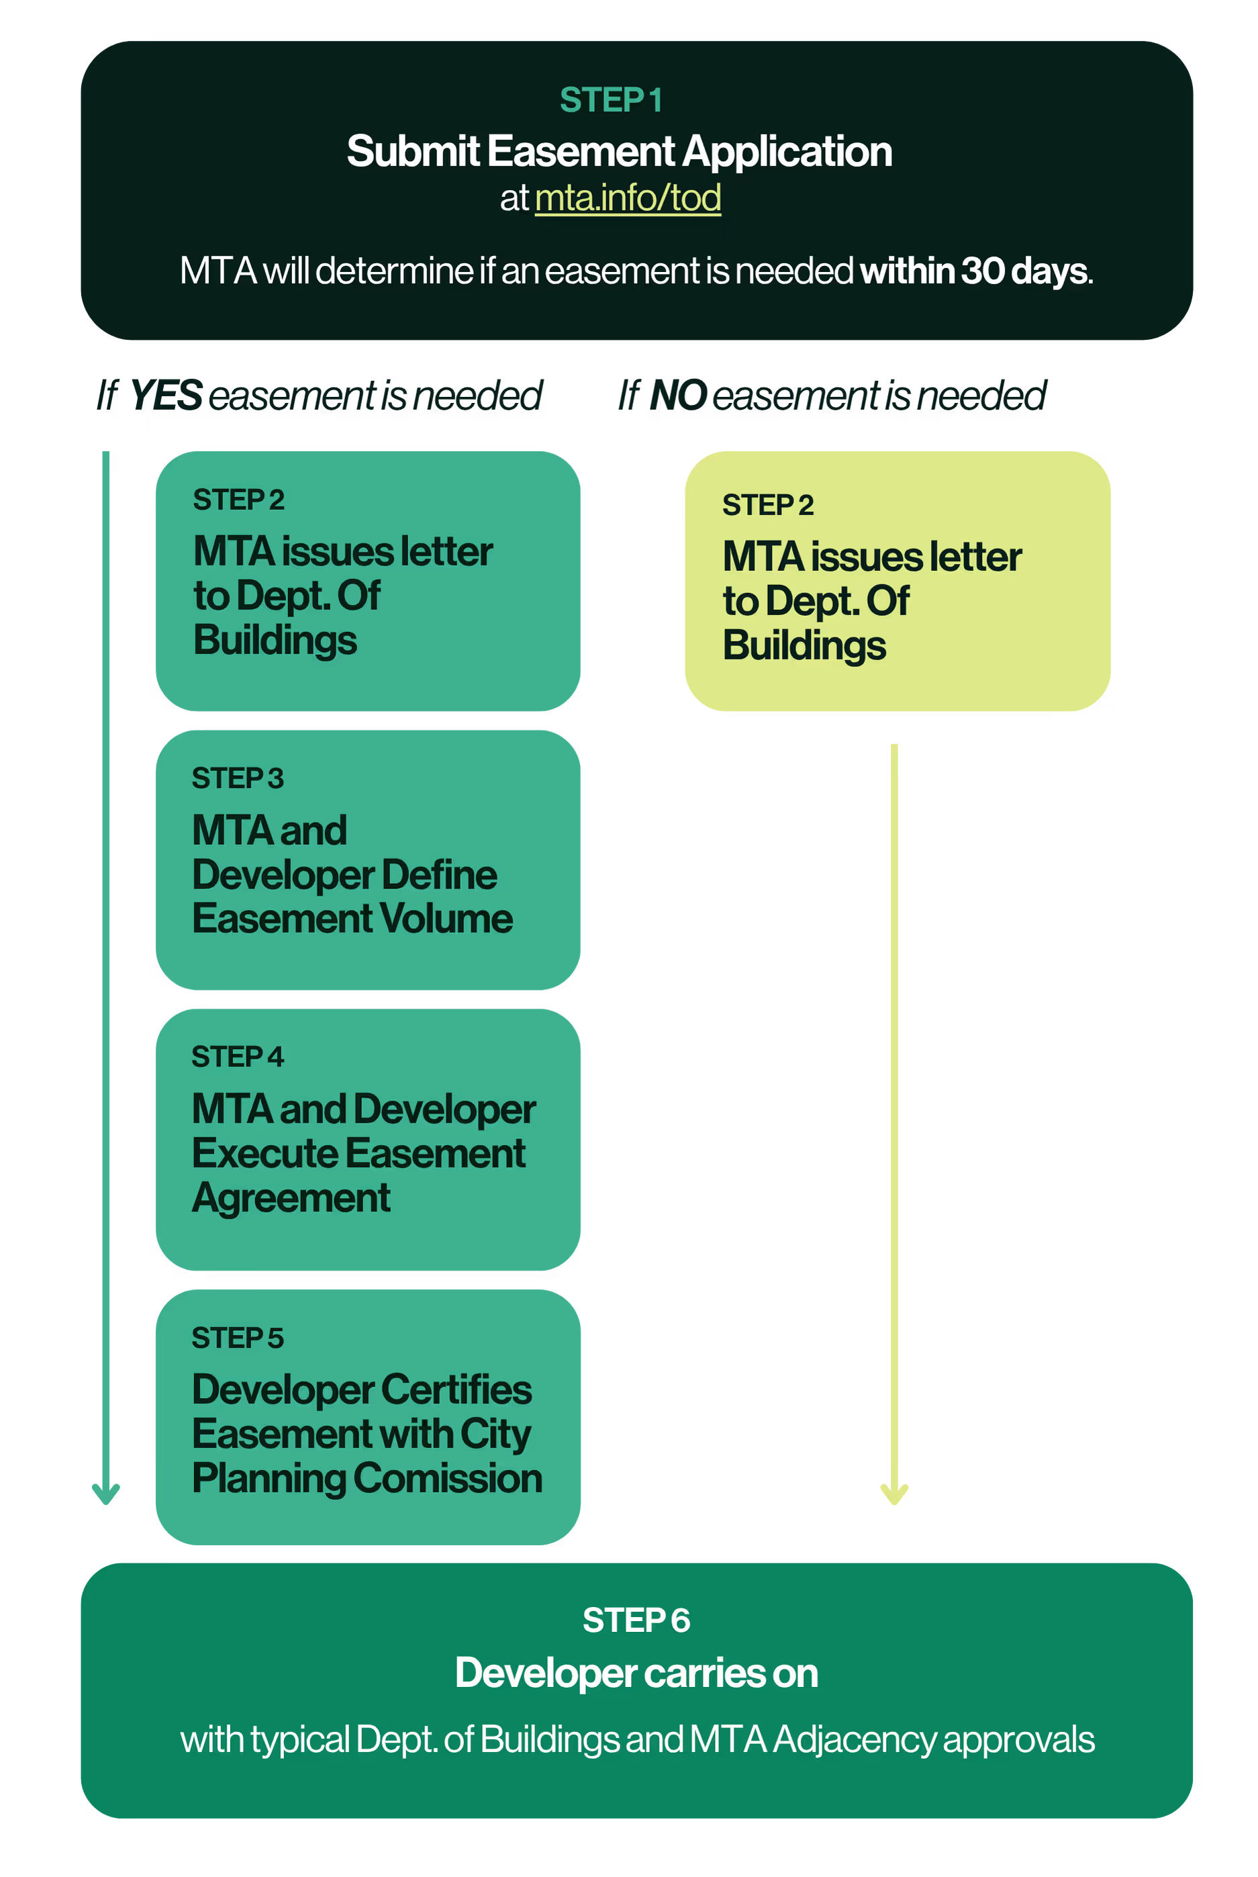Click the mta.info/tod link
[628, 197]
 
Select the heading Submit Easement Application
[618, 152]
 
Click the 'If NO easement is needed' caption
[831, 395]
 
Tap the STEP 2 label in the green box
[238, 500]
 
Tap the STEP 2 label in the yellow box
[768, 505]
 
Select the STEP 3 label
[238, 778]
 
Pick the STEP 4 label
[238, 1057]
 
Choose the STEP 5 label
[238, 1338]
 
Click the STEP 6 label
[636, 1620]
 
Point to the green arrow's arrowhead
[105, 1494]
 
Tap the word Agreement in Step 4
[291, 1198]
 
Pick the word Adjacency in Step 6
[855, 1740]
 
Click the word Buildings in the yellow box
[804, 646]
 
